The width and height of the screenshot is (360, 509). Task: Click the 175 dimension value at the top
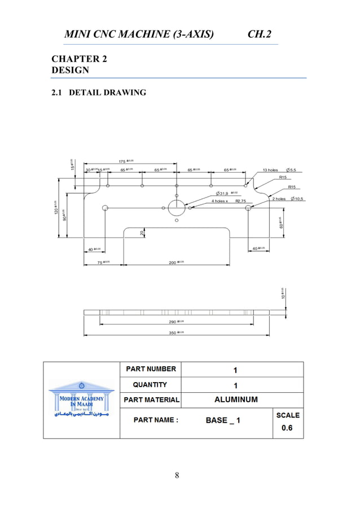122,161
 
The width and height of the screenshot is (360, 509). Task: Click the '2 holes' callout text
279,199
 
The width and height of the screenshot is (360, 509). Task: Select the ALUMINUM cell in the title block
236,400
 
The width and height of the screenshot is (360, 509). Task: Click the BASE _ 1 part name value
222,420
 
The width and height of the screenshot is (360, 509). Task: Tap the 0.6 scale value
287,428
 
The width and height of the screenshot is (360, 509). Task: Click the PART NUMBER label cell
151,369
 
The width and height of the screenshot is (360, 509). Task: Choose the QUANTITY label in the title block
150,384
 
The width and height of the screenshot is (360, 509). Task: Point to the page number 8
177,475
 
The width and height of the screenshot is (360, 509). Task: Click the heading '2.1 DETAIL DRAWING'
99,93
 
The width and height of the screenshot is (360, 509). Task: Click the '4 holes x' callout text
220,201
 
